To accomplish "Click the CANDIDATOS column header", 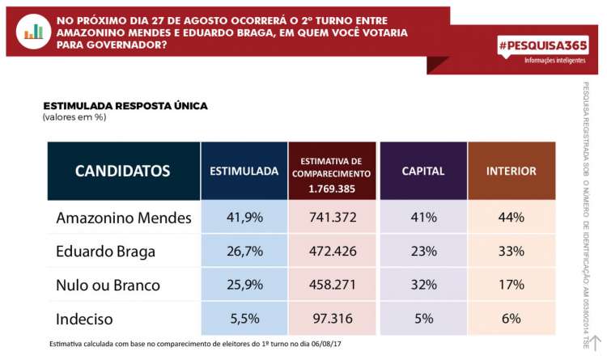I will (123, 171).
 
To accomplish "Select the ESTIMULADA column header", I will (244, 171).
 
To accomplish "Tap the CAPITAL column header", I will (422, 171).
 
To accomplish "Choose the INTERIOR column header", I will (511, 171).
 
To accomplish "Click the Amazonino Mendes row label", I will (124, 218).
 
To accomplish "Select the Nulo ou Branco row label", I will (108, 285).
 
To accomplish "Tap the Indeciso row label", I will (85, 319).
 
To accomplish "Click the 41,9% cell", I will (244, 218).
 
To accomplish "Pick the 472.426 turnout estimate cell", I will (333, 251).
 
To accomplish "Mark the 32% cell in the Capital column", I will (423, 285).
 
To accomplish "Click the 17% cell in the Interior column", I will (511, 285).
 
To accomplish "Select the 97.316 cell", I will (333, 319).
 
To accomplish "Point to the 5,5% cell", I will (244, 319).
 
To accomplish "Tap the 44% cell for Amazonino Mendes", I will (511, 218).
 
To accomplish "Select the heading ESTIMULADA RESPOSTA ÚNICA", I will (125, 105).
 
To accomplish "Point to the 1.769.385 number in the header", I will (333, 189).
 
